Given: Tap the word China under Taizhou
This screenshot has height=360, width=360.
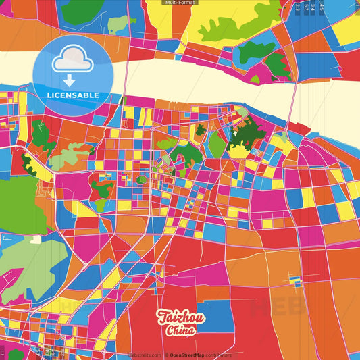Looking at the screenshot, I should pyautogui.click(x=179, y=331).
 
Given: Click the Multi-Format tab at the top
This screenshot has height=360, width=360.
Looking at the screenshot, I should pyautogui.click(x=180, y=3).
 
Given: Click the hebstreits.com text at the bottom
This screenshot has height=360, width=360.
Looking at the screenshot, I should pyautogui.click(x=145, y=355).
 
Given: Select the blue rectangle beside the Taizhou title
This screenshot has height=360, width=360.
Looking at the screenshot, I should pyautogui.click(x=209, y=317).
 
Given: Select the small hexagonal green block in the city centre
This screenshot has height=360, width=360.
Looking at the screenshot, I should pyautogui.click(x=142, y=180).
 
